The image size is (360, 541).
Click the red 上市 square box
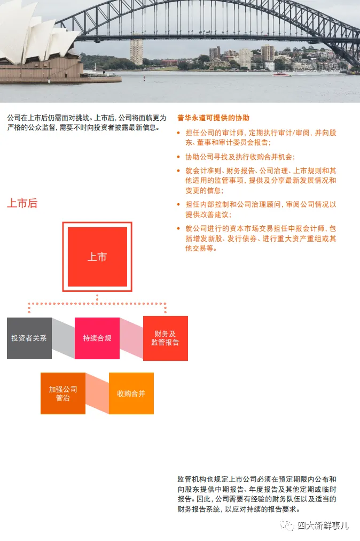pyautogui.click(x=97, y=257)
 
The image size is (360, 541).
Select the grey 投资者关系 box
pyautogui.click(x=29, y=338)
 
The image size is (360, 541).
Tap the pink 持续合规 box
pyautogui.click(x=97, y=338)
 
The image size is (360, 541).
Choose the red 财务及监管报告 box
pyautogui.click(x=166, y=338)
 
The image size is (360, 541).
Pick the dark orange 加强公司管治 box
pyautogui.click(x=62, y=393)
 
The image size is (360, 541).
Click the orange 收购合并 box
pyautogui.click(x=131, y=393)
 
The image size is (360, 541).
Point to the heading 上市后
pyautogui.click(x=22, y=203)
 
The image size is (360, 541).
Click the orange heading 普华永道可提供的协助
pyautogui.click(x=214, y=118)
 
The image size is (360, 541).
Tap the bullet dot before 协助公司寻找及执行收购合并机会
pyautogui.click(x=178, y=157)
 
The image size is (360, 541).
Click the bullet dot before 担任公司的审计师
pyautogui.click(x=178, y=133)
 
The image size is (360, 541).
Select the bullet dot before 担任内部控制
pyautogui.click(x=178, y=205)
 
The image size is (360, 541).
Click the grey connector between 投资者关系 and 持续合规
pyautogui.click(x=63, y=338)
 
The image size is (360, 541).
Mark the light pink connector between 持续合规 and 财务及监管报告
pyautogui.click(x=131, y=338)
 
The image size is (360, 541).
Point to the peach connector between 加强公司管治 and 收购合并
pyautogui.click(x=97, y=393)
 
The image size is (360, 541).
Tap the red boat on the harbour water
pyautogui.click(x=281, y=74)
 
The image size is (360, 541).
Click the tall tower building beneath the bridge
pyautogui.click(x=137, y=52)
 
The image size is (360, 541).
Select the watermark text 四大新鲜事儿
pyautogui.click(x=323, y=525)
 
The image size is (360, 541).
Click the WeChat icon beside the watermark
pyautogui.click(x=287, y=525)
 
